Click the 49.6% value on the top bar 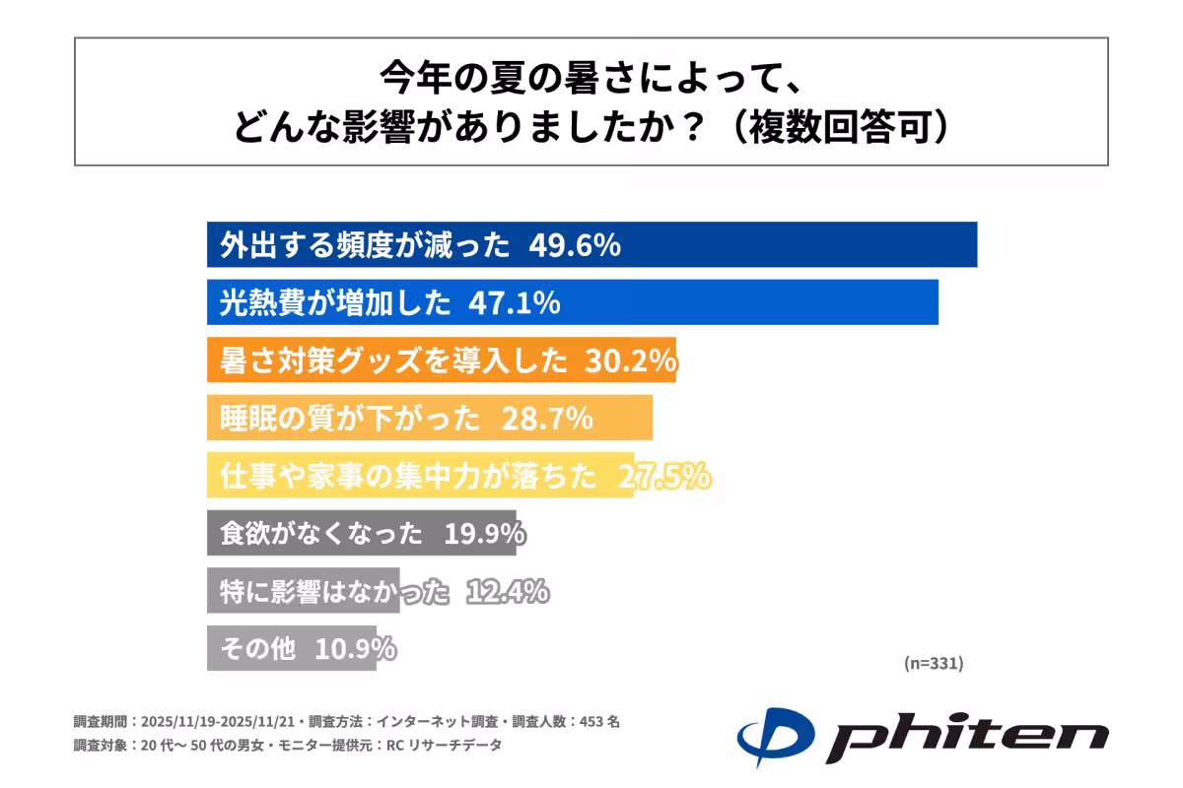(575, 245)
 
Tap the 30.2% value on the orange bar (630, 361)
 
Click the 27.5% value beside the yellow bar (663, 477)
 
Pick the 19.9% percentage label (483, 534)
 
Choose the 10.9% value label (356, 649)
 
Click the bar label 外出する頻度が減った (366, 245)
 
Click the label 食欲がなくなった (321, 534)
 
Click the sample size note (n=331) (933, 663)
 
